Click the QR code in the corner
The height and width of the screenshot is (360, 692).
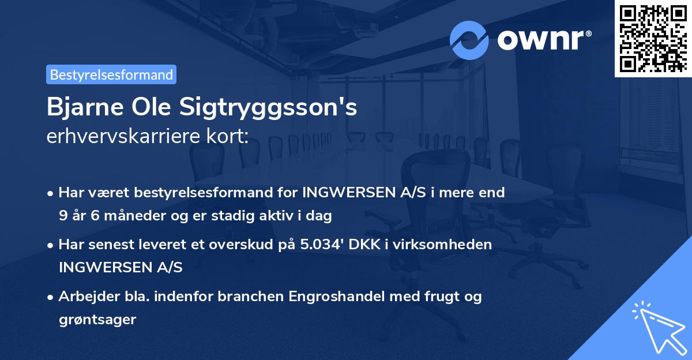[x=653, y=38]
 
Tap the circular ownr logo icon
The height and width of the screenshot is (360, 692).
[x=469, y=40]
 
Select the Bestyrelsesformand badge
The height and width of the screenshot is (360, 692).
[x=111, y=74]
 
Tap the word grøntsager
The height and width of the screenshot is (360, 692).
[x=97, y=319]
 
